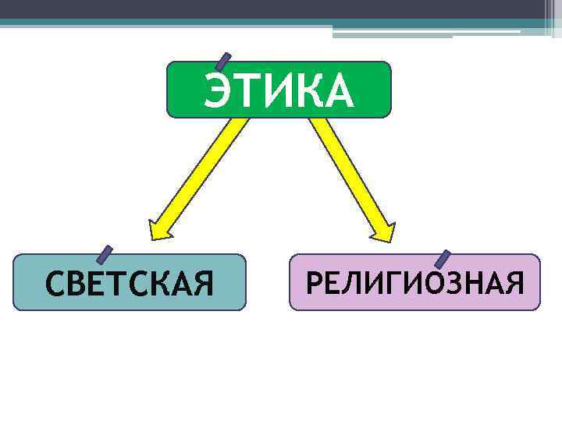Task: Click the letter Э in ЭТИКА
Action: (x=219, y=92)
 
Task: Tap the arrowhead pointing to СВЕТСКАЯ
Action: (x=159, y=229)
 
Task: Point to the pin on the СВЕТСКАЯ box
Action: (x=104, y=254)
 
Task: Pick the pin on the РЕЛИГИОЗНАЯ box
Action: (x=442, y=259)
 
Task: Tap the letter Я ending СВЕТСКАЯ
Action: (x=202, y=284)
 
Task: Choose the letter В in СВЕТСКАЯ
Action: (x=79, y=284)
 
